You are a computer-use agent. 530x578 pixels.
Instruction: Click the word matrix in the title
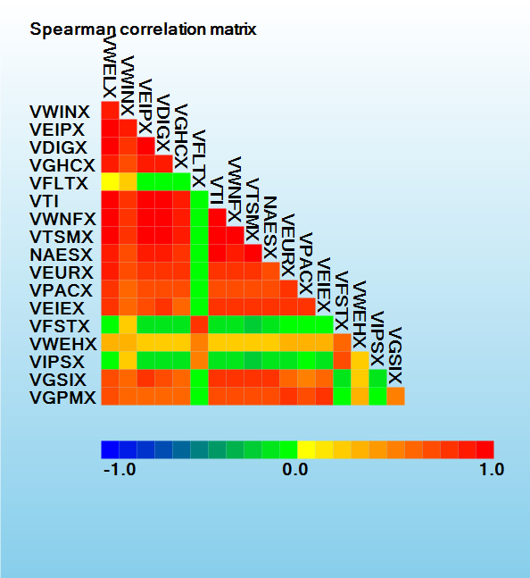[234, 29]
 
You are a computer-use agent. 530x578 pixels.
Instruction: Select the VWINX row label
[60, 112]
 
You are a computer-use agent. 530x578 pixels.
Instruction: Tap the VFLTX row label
[59, 183]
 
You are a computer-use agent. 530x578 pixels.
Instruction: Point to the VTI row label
[45, 201]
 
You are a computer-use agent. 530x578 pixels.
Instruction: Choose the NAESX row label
[61, 255]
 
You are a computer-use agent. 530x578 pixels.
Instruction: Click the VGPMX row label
[62, 398]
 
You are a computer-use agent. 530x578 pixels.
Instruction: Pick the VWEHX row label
[63, 344]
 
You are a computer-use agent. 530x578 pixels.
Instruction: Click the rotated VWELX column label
[110, 66]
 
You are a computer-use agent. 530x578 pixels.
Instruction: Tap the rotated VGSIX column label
[395, 356]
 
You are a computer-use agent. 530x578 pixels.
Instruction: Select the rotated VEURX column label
[288, 245]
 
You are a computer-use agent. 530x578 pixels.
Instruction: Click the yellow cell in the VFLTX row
[110, 181]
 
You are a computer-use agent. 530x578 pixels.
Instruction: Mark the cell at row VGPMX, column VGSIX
[395, 397]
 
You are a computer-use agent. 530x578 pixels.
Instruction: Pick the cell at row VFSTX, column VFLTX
[200, 325]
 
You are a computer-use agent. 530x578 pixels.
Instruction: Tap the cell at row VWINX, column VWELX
[110, 110]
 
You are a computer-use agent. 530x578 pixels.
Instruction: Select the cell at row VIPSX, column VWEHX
[360, 361]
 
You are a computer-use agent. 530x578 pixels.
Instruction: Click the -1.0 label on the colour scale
[120, 470]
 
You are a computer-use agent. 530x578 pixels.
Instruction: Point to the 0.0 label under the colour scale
[295, 470]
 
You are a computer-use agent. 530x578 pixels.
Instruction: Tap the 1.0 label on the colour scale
[493, 470]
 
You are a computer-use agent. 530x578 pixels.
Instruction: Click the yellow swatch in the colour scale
[306, 449]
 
